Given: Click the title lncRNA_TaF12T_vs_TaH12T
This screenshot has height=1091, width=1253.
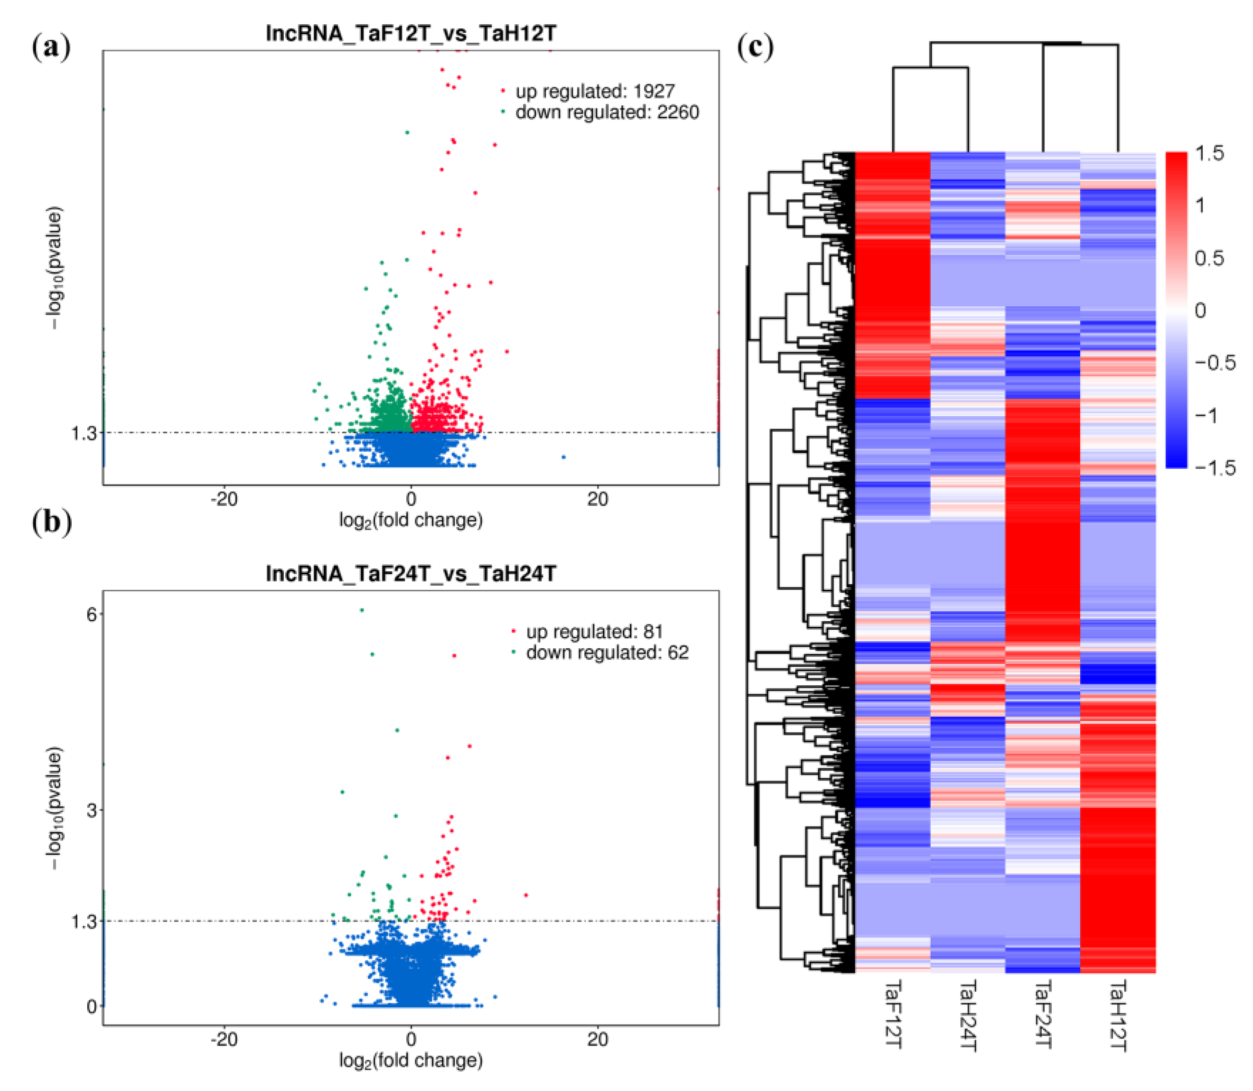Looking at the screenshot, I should [411, 33].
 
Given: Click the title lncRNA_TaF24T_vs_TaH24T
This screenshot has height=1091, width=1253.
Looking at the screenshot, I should [411, 574].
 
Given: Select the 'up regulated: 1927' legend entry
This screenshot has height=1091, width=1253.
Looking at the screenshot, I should [594, 91].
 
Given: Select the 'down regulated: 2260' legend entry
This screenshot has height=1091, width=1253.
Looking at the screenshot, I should [607, 112].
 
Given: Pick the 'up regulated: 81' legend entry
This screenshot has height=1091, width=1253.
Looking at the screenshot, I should [594, 632].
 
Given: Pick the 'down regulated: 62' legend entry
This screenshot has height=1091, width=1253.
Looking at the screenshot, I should [607, 653].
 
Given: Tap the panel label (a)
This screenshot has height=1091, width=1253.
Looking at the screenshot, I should [51, 47].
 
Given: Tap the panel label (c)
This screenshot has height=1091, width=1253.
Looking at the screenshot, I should [755, 47].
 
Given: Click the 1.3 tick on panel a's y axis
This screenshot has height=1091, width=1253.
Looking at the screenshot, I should [84, 433].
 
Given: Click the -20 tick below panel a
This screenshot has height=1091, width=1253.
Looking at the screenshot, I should [224, 499].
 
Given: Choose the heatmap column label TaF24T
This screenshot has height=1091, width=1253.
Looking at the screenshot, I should [1042, 1014].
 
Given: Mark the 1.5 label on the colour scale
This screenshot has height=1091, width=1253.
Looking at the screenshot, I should [1208, 153].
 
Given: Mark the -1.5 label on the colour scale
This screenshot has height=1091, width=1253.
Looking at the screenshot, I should [1214, 467].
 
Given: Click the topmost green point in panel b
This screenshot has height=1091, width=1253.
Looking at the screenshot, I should [362, 610].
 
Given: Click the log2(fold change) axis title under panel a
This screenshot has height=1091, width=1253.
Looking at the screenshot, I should [411, 521].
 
